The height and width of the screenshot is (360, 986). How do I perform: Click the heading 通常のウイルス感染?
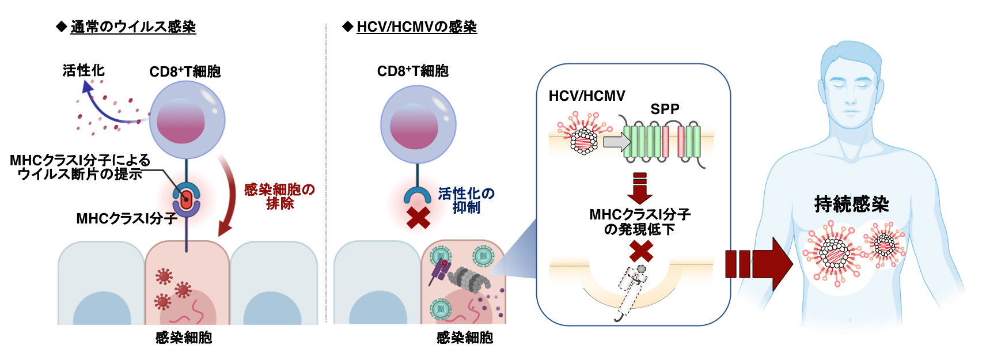[x=133, y=26]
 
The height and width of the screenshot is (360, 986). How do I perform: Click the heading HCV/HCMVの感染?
[x=416, y=26]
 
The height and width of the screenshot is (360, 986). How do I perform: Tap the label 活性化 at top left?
[x=84, y=70]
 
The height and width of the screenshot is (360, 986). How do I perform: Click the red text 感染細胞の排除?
[x=279, y=196]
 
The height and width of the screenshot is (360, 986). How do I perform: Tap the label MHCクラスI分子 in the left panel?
[x=126, y=218]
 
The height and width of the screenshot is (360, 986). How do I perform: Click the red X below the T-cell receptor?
[x=418, y=218]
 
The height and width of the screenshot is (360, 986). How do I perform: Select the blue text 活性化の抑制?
[x=466, y=200]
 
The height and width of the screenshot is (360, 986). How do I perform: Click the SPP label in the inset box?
[x=665, y=109]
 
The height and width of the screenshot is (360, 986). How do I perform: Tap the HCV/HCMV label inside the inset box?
[x=586, y=96]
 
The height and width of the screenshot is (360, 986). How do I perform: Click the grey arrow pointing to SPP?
[x=617, y=141]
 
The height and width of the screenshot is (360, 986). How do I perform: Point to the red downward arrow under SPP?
[x=640, y=187]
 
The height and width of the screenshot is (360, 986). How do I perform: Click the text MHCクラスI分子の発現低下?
[x=640, y=222]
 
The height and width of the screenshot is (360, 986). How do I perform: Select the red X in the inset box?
[x=641, y=252]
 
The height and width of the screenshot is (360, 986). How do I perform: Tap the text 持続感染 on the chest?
[x=851, y=204]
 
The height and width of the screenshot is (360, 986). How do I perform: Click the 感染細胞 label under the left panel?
[x=184, y=338]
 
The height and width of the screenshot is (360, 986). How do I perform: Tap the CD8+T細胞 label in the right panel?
[x=412, y=71]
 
